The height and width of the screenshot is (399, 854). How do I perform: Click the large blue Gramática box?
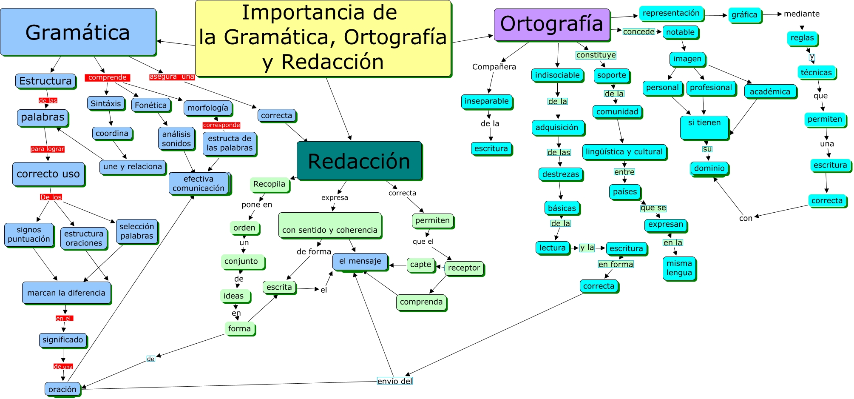pyautogui.click(x=78, y=32)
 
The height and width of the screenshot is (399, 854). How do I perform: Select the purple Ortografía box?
pyautogui.click(x=552, y=24)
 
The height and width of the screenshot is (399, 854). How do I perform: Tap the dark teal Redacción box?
pyautogui.click(x=359, y=161)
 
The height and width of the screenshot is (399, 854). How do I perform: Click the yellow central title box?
pyautogui.click(x=323, y=38)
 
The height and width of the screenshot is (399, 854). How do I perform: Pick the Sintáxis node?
pyautogui.click(x=106, y=103)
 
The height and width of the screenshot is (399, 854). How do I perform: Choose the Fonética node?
pyautogui.click(x=151, y=105)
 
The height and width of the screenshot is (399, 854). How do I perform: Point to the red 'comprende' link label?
pyautogui.click(x=108, y=77)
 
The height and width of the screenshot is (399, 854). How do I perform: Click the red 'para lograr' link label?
pyautogui.click(x=48, y=149)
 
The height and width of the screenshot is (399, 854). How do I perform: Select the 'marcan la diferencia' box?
pyautogui.click(x=66, y=293)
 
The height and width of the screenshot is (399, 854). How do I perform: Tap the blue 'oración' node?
pyautogui.click(x=62, y=389)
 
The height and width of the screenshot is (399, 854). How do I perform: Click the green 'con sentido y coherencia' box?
pyautogui.click(x=330, y=225)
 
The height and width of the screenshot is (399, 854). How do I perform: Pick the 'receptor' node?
pyautogui.click(x=464, y=268)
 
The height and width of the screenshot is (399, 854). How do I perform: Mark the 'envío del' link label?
pyautogui.click(x=395, y=381)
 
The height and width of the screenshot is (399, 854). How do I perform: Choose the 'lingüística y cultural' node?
pyautogui.click(x=624, y=152)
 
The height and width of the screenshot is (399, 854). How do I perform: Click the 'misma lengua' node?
pyautogui.click(x=679, y=268)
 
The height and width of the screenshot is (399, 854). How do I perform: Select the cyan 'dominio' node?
pyautogui.click(x=709, y=168)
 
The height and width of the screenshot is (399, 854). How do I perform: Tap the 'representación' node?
pyautogui.click(x=671, y=13)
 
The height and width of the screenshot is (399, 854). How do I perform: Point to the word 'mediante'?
pyautogui.click(x=802, y=14)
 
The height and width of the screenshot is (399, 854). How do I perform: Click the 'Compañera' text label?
pyautogui.click(x=494, y=67)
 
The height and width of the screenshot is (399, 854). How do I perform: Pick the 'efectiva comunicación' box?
pyautogui.click(x=199, y=183)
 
